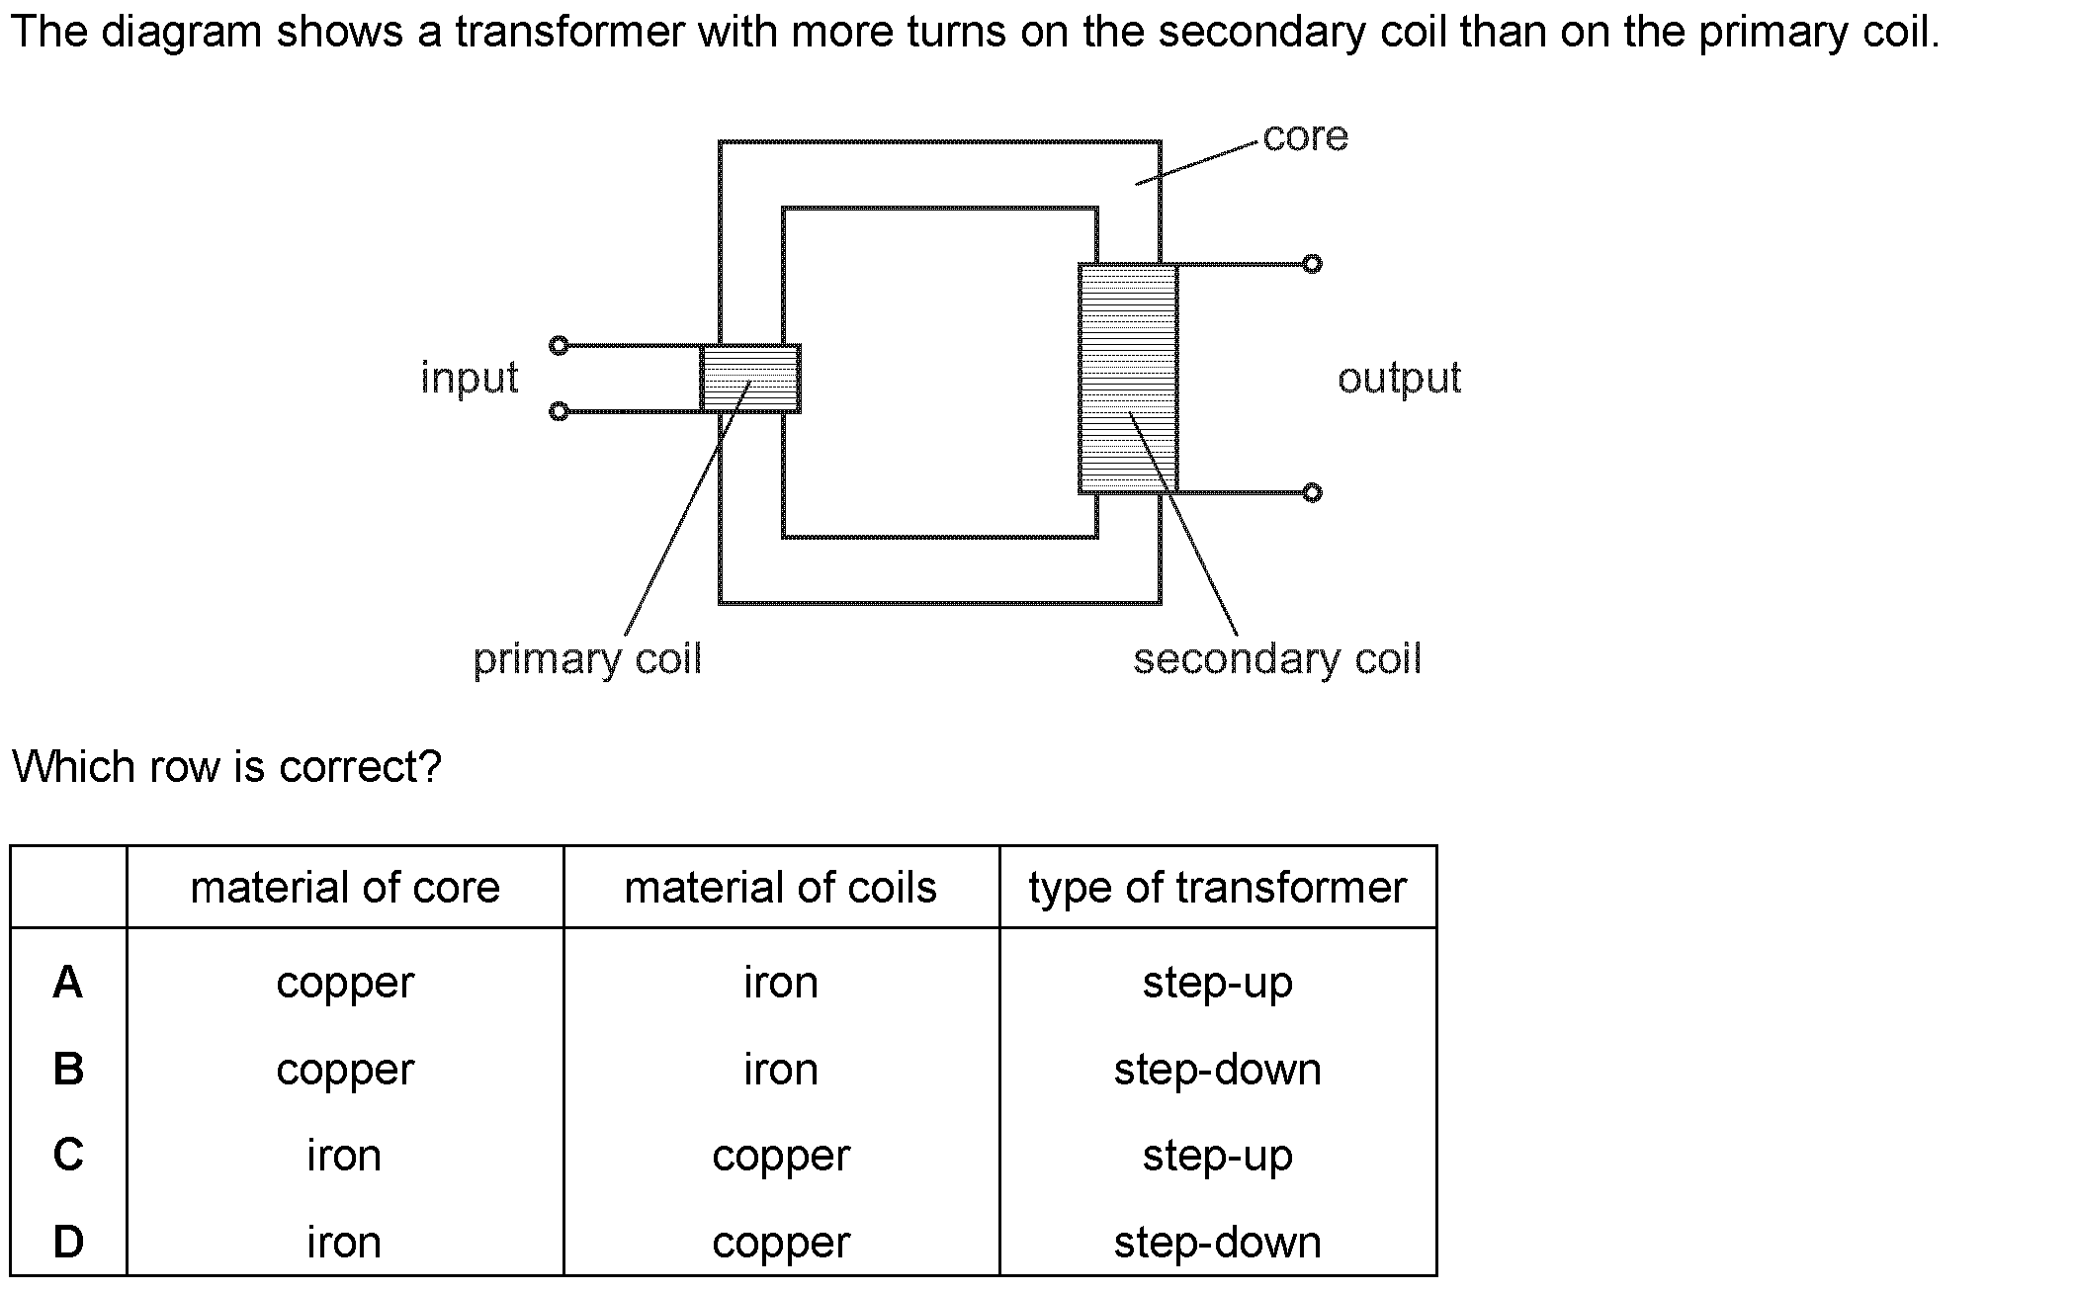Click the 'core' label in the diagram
point(1305,136)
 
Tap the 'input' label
point(470,378)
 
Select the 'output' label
point(1399,378)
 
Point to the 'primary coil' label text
point(587,659)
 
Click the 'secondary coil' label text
point(1277,659)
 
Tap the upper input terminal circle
point(559,345)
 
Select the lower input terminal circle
point(559,411)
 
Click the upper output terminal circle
point(1312,264)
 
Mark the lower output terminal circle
point(1312,492)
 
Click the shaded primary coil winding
point(750,379)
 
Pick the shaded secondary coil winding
point(1128,379)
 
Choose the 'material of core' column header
point(345,888)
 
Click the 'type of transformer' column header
point(1217,888)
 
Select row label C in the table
point(68,1155)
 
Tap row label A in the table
point(68,983)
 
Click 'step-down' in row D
point(1217,1242)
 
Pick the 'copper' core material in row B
point(345,1070)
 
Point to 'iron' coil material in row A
point(781,983)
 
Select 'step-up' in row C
point(1217,1155)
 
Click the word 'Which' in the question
point(73,767)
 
